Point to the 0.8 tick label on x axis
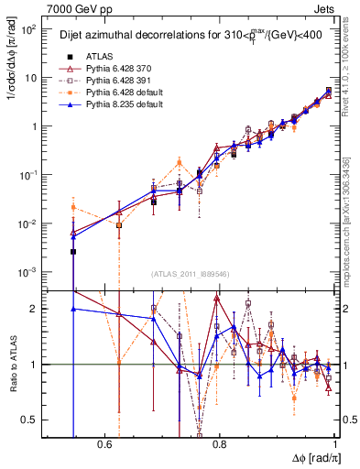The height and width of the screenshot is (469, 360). point(220,444)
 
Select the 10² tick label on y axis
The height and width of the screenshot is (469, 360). point(27,29)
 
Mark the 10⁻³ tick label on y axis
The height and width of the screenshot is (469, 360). point(27,272)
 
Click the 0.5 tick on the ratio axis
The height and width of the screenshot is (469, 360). point(29,420)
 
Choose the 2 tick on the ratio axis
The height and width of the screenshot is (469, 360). point(34,309)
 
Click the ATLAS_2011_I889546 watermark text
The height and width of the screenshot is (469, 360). point(191,276)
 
